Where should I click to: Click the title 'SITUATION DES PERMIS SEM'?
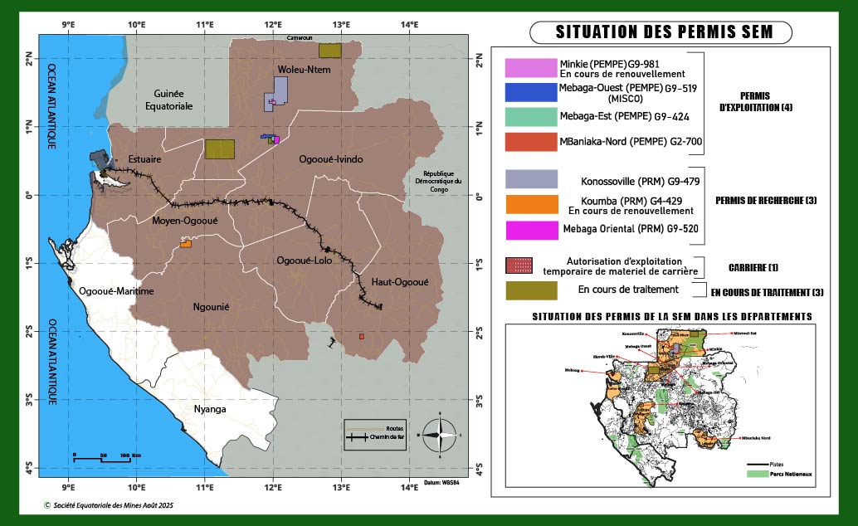[x=661, y=33]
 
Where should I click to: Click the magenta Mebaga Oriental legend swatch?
[x=531, y=230]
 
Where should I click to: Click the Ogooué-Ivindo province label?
[x=331, y=159]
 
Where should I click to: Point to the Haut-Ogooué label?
[x=399, y=282]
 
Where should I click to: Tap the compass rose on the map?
[x=441, y=434]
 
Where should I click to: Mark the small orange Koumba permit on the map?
[x=186, y=244]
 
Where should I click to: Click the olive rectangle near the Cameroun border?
[x=329, y=51]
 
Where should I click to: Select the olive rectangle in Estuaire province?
[x=220, y=149]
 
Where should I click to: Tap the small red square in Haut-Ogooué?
[x=362, y=336]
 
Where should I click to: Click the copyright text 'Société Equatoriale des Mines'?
[x=109, y=504]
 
